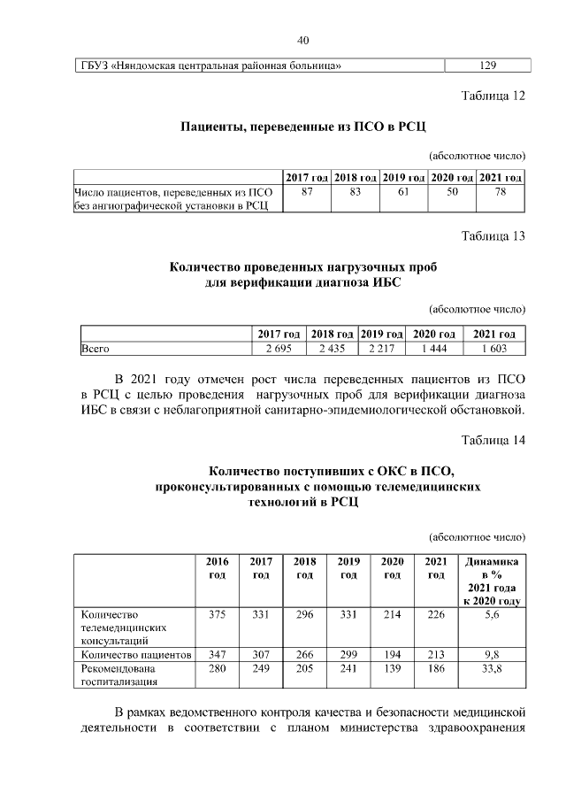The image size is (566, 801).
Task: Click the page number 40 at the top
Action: click(x=302, y=41)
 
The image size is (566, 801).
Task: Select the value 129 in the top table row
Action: click(x=486, y=65)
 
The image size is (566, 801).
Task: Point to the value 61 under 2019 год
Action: click(x=403, y=192)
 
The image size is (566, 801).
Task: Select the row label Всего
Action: click(x=96, y=350)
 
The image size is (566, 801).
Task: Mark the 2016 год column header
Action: click(x=217, y=568)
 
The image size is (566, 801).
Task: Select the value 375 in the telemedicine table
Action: click(x=217, y=613)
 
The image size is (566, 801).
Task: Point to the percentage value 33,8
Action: click(x=493, y=669)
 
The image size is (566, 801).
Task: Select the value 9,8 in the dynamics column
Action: click(x=493, y=655)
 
